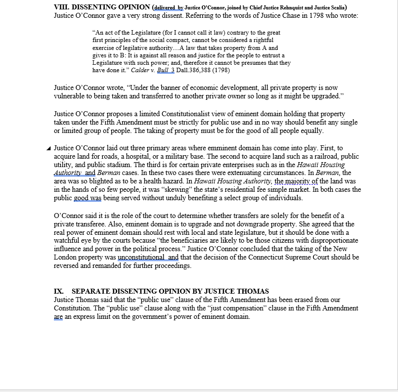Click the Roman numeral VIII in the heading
(x=60, y=7)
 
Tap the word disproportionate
(x=327, y=241)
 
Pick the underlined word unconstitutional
(x=140, y=258)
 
